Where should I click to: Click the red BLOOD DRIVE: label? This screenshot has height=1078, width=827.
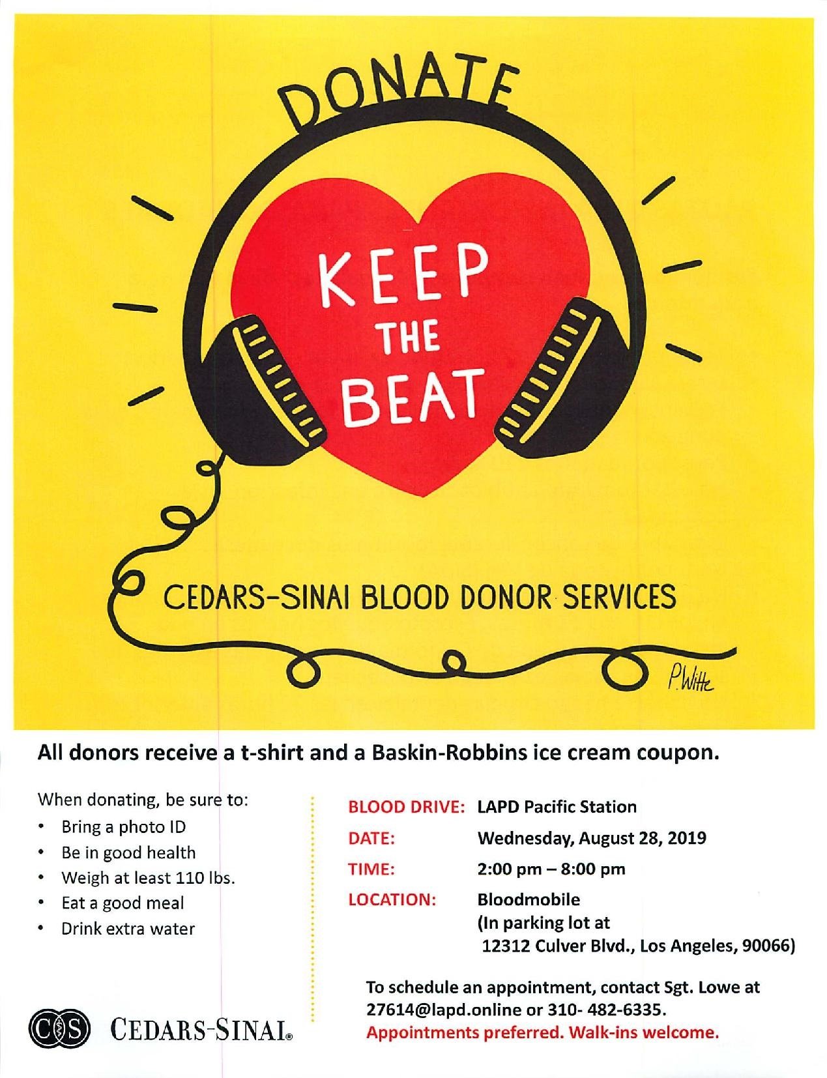click(x=406, y=806)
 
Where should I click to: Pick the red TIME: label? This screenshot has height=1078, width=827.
click(x=371, y=869)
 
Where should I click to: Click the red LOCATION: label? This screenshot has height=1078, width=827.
click(x=392, y=900)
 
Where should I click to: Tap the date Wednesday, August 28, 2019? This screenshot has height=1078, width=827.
click(x=592, y=838)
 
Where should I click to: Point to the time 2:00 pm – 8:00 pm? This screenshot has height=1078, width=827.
click(x=551, y=869)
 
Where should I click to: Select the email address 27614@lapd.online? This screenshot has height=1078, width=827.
click(x=444, y=1010)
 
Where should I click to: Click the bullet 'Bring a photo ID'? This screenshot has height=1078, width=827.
click(x=123, y=827)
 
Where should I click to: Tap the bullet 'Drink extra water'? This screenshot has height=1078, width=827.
click(x=128, y=928)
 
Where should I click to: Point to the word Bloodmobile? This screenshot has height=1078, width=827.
click(x=529, y=900)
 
